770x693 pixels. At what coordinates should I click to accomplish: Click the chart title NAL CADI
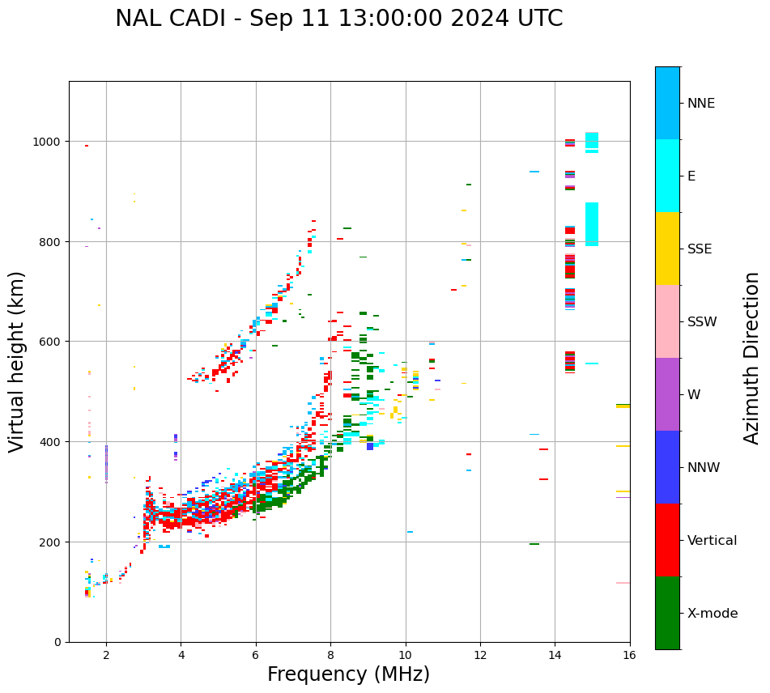[338, 19]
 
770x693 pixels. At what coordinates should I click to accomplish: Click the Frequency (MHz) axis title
[348, 674]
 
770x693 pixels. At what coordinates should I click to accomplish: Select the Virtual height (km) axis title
[17, 361]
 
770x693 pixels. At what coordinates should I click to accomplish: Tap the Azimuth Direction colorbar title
[752, 358]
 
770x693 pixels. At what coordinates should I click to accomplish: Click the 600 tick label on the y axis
[54, 342]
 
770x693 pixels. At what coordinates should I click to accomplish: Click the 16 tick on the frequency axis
[630, 655]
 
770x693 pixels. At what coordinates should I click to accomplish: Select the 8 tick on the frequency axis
[330, 655]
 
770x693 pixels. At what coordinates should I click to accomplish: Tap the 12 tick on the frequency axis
[480, 655]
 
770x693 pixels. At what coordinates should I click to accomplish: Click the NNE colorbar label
[701, 104]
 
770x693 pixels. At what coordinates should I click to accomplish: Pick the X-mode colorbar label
[713, 614]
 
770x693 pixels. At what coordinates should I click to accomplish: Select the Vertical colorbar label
[713, 541]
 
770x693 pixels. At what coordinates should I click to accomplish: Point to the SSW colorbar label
[702, 322]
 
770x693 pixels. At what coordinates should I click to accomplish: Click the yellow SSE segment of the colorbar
[667, 249]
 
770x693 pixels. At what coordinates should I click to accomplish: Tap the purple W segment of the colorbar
[667, 394]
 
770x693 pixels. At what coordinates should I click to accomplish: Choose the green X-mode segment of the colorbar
[667, 613]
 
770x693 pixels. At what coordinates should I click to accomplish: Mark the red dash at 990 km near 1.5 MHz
[87, 146]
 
